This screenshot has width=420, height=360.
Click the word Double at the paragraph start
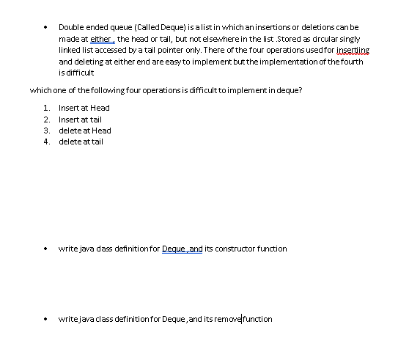70,26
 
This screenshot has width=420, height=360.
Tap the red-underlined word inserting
353,50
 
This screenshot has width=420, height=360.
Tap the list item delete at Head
85,131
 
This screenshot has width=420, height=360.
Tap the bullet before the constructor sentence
48,249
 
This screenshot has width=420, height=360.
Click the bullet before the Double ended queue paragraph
48,27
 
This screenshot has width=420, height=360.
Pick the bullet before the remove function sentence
48,320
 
